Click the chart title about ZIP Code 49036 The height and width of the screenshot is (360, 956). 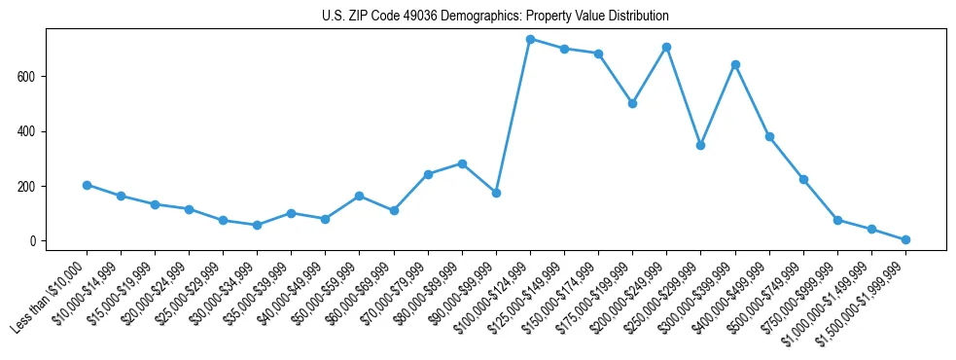coord(495,17)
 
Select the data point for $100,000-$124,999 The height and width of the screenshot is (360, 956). coord(530,39)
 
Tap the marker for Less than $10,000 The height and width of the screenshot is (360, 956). coord(87,185)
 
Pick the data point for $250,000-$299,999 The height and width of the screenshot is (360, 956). coord(700,145)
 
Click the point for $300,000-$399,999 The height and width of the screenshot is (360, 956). coord(735,64)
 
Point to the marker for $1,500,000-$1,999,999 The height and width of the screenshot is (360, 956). coord(905,239)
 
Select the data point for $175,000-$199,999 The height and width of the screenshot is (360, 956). coord(632,103)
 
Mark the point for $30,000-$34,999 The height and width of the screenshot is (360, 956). coord(257,225)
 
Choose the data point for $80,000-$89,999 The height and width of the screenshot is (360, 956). coord(462,163)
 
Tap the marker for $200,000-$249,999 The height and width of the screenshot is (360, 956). coord(666,47)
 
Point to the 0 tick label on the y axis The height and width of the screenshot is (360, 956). coord(35,241)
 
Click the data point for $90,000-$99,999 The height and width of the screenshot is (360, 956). coord(496,193)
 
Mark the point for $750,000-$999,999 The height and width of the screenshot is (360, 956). coord(837,220)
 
